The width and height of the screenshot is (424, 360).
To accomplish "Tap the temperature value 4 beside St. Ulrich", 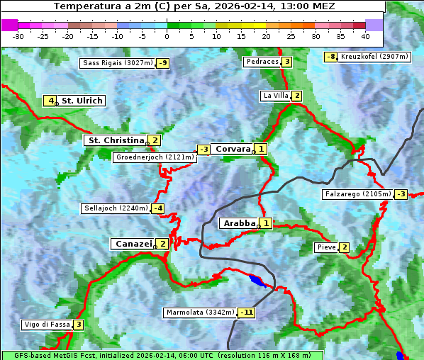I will (x=50, y=101).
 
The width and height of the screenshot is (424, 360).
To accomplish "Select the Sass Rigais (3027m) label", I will (x=118, y=63).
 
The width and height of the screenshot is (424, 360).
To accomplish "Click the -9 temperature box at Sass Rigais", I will (x=163, y=63).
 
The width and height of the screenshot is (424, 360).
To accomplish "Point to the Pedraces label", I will (x=261, y=62).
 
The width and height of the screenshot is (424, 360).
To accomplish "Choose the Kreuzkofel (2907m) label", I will (x=374, y=56).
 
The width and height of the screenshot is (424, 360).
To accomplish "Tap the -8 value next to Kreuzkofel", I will (x=330, y=57).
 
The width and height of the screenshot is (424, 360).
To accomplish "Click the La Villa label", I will (x=275, y=96).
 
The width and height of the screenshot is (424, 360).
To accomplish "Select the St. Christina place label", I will (x=116, y=140).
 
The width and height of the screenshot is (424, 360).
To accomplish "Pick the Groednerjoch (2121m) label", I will (x=154, y=157).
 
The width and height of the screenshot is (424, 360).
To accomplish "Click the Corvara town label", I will (x=233, y=149).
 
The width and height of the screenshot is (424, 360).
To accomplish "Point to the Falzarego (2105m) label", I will (x=357, y=193).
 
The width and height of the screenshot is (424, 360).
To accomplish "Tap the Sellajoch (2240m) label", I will (x=116, y=208).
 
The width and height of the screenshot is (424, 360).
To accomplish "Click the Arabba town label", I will (x=238, y=223).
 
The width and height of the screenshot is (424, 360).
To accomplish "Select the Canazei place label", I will (x=133, y=244).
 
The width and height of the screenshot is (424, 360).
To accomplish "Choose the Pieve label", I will (x=326, y=247).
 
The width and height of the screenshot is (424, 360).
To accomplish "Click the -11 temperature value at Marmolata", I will (x=246, y=313).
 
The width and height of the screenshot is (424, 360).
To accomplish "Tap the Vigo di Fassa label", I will (x=47, y=325).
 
